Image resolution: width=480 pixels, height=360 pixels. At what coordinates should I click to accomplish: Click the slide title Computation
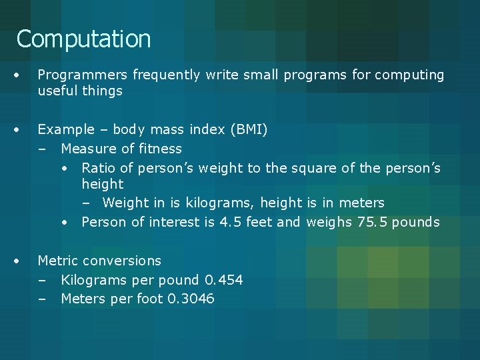(84, 39)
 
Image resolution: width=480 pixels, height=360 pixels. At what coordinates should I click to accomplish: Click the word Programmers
(83, 75)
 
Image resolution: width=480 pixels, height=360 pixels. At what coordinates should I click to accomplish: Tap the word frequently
(166, 75)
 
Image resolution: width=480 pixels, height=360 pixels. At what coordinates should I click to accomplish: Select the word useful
(57, 91)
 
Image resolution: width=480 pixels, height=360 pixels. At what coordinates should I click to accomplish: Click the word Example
(65, 129)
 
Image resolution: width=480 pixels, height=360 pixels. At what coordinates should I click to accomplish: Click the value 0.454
(223, 280)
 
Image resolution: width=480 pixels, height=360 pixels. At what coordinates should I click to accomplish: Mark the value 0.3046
(191, 299)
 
